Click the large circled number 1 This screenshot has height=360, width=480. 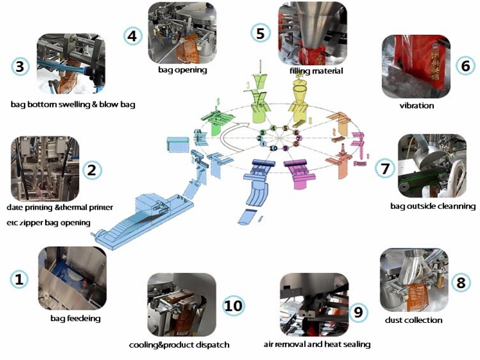[x=19, y=279]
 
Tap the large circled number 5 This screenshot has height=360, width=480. [x=260, y=33]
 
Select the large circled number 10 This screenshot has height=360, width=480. [x=233, y=305]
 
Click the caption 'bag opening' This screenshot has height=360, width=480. [x=182, y=70]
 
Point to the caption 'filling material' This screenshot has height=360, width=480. [x=316, y=71]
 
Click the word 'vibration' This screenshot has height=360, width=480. [x=416, y=106]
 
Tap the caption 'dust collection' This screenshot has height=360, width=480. [x=413, y=320]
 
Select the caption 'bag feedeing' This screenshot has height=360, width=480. [x=76, y=317]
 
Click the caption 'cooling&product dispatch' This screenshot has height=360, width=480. [x=179, y=345]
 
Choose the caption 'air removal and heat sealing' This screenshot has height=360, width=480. [x=317, y=344]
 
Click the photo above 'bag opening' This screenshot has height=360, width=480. [x=182, y=32]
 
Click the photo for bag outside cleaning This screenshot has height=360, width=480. [x=430, y=165]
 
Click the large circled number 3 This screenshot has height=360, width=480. [x=20, y=66]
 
